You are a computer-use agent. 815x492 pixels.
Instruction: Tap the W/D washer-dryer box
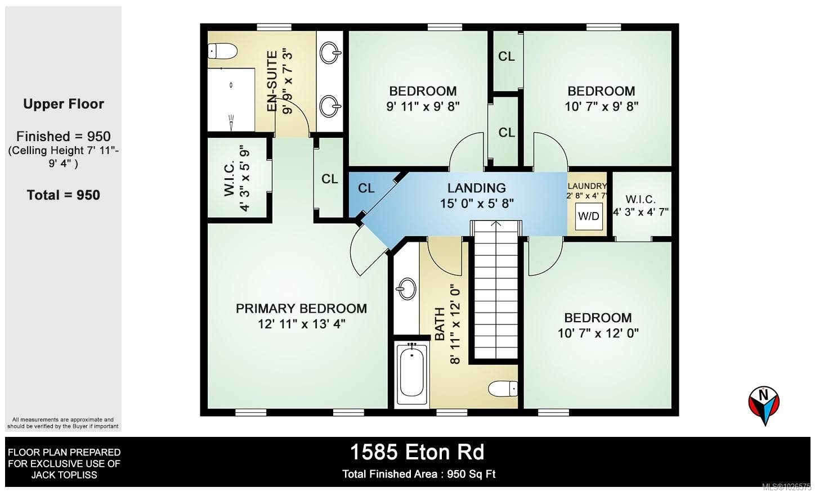pyautogui.click(x=589, y=216)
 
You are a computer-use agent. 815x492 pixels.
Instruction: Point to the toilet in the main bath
pyautogui.click(x=503, y=389)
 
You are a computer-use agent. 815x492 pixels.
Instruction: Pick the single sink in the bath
pyautogui.click(x=406, y=290)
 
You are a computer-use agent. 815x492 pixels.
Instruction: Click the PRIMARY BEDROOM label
pyautogui.click(x=301, y=309)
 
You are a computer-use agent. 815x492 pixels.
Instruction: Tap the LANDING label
pyautogui.click(x=476, y=188)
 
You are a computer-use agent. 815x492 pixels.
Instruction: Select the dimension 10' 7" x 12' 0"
pyautogui.click(x=598, y=333)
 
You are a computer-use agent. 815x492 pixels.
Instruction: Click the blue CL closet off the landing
pyautogui.click(x=366, y=189)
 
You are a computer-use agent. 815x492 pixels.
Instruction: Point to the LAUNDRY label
pyautogui.click(x=587, y=186)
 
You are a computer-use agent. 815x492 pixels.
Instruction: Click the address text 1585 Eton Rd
pyautogui.click(x=417, y=452)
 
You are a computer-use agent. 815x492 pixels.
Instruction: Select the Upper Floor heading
pyautogui.click(x=64, y=104)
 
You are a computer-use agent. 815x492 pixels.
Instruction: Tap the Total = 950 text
pyautogui.click(x=64, y=195)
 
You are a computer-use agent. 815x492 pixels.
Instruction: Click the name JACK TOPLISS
pyautogui.click(x=64, y=475)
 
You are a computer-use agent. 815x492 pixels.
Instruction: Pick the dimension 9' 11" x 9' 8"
pyautogui.click(x=423, y=107)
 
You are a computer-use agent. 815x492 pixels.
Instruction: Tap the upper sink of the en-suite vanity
pyautogui.click(x=330, y=55)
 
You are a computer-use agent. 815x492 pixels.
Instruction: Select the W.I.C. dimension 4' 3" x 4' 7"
pyautogui.click(x=640, y=213)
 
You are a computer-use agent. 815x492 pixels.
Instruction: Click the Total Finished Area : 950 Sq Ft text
pyautogui.click(x=419, y=474)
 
